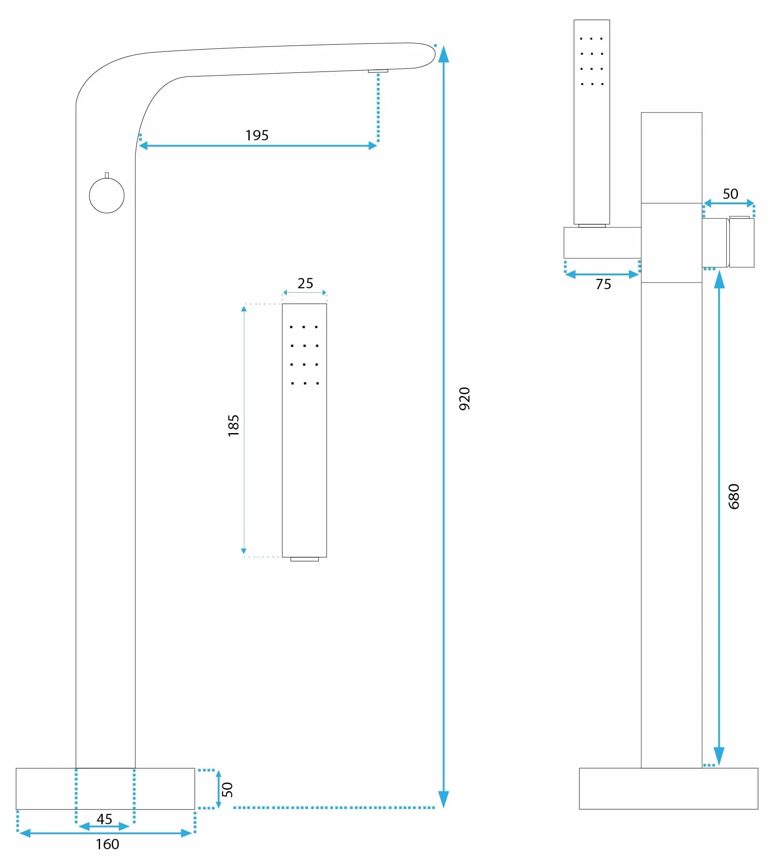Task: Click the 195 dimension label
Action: (x=257, y=135)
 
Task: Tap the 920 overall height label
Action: (x=465, y=399)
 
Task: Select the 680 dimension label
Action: (x=734, y=497)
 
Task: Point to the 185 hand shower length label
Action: (x=234, y=425)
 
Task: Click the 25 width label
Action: (x=306, y=283)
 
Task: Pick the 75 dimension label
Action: (x=603, y=284)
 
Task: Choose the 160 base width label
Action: (x=108, y=844)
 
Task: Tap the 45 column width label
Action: (x=105, y=819)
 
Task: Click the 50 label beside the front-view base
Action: (x=227, y=790)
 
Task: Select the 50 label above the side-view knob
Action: (x=730, y=194)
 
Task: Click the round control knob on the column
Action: (x=107, y=195)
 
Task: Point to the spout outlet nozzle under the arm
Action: (x=378, y=71)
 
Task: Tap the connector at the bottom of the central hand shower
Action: (x=305, y=559)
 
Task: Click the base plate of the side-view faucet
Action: (x=668, y=788)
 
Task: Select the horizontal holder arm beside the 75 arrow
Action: (x=602, y=243)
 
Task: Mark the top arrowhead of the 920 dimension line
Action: (x=443, y=54)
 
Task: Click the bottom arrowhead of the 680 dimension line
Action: (x=719, y=756)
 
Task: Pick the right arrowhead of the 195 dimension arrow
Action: (x=373, y=146)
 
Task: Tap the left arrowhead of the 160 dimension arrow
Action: (x=25, y=833)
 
